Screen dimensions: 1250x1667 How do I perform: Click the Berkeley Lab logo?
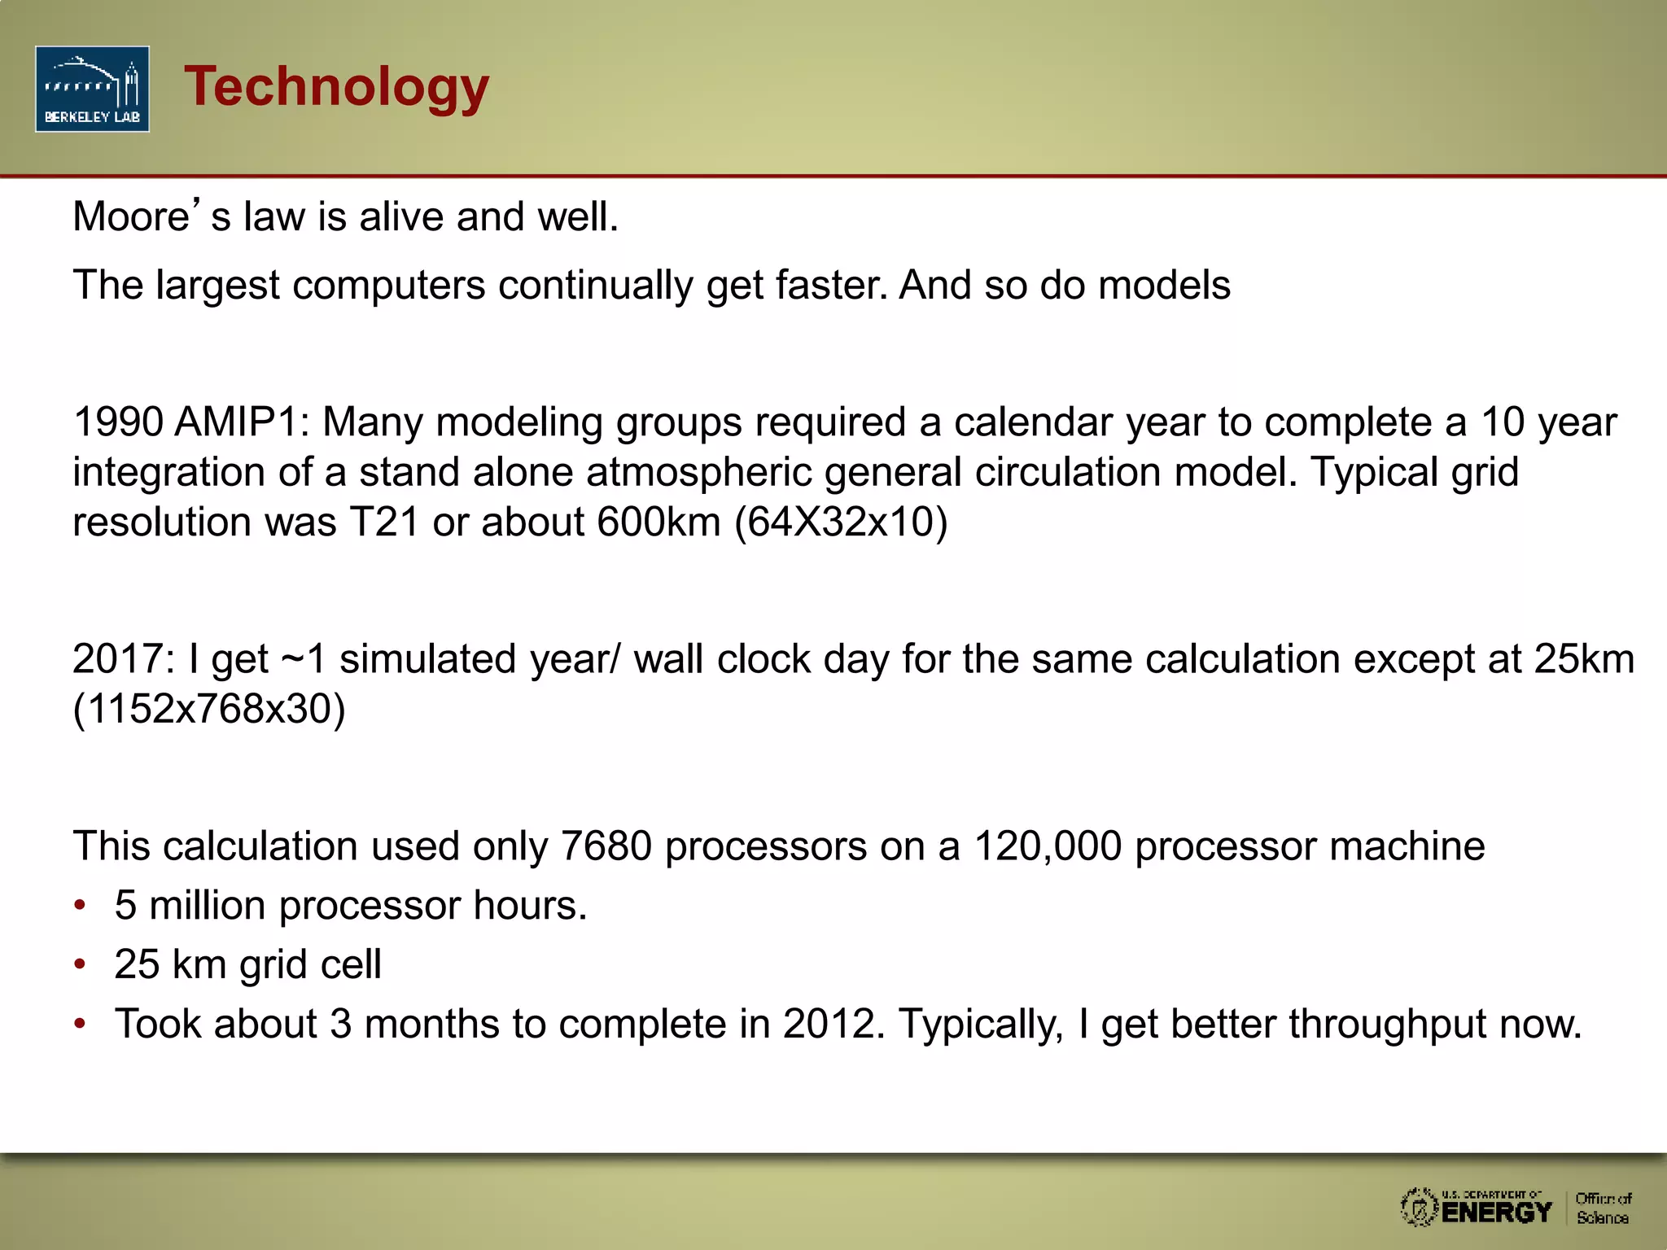pos(92,89)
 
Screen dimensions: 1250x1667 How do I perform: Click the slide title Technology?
pos(336,86)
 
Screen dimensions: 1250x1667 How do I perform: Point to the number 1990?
pos(118,422)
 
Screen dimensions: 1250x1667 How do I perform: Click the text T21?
pos(384,522)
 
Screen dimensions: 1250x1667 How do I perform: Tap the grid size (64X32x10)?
pos(841,522)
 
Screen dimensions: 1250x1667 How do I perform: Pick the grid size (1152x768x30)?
pos(209,709)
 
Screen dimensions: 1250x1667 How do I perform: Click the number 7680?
pos(606,846)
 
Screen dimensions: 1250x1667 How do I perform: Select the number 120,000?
pos(1048,846)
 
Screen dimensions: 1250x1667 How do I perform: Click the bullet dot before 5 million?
pos(80,906)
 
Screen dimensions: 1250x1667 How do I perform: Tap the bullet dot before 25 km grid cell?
pos(80,964)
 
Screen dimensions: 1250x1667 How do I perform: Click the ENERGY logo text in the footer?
pos(1496,1212)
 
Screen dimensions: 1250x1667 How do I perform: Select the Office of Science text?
pos(1603,1208)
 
